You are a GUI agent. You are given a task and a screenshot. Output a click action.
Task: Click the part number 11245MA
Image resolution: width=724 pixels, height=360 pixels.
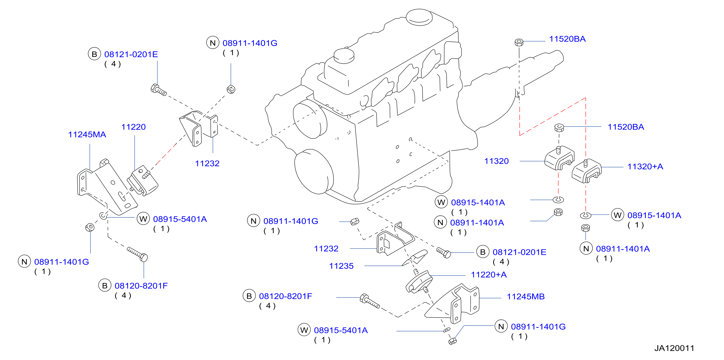tap(87, 134)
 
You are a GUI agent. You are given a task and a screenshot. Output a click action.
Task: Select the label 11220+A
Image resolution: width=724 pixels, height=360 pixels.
tap(489, 275)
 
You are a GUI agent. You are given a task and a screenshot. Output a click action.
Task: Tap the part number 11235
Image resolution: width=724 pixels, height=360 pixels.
tap(341, 266)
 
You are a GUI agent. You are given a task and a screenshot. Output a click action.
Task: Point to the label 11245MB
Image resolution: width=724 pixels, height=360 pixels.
tap(526, 296)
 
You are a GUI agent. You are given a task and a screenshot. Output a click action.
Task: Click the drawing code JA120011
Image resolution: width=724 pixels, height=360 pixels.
tap(674, 348)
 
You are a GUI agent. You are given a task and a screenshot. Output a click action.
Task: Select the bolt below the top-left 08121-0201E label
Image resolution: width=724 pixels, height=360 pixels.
tap(159, 90)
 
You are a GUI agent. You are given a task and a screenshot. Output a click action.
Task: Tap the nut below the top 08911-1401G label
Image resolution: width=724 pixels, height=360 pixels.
tap(231, 89)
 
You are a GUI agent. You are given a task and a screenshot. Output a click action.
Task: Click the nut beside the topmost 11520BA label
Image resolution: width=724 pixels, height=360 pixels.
tap(519, 42)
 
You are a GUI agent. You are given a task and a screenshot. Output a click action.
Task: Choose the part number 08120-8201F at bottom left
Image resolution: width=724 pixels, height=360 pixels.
tap(141, 286)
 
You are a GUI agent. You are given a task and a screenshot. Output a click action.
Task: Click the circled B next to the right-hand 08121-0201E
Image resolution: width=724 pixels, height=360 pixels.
tap(483, 252)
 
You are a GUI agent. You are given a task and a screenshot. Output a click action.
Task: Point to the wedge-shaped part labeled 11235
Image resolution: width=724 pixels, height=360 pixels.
tap(415, 257)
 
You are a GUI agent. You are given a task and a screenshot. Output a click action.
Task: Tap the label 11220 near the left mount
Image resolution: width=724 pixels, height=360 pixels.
tap(134, 127)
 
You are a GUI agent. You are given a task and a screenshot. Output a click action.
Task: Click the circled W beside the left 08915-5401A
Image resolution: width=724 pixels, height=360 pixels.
tap(143, 219)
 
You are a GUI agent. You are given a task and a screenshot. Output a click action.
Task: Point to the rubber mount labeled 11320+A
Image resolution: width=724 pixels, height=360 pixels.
tap(586, 171)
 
